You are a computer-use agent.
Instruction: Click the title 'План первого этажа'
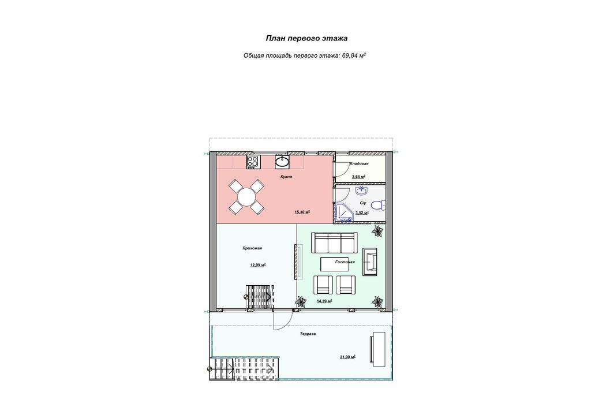point(306,38)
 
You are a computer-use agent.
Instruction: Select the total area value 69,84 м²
point(354,55)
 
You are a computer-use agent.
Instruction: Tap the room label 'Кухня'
point(286,177)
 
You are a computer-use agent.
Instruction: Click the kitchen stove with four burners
point(253,162)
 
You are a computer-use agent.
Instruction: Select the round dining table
point(246,197)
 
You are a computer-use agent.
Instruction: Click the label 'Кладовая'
point(359,163)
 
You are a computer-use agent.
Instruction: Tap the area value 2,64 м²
point(358,177)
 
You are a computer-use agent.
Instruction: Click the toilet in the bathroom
point(377,205)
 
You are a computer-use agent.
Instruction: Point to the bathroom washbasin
point(361,191)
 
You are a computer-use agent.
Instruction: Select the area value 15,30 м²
point(302,212)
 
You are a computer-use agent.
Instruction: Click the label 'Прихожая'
point(252,248)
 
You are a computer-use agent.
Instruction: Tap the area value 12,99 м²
point(258,265)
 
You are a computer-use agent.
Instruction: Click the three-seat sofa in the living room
point(334,242)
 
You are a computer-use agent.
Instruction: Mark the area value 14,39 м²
point(324,301)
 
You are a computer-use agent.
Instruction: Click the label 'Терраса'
point(308,334)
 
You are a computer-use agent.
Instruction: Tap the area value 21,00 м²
point(348,357)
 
